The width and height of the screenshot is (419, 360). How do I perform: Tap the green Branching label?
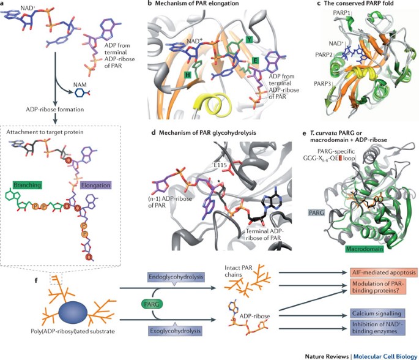click(27, 183)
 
